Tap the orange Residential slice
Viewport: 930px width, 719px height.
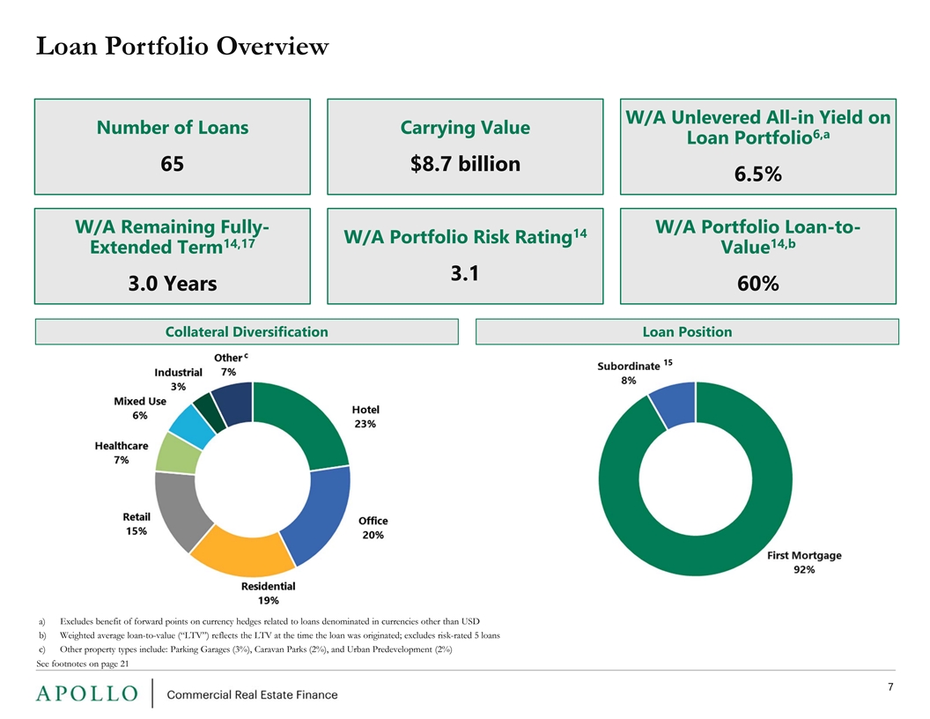pyautogui.click(x=244, y=552)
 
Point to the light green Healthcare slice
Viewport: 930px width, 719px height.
pyautogui.click(x=177, y=453)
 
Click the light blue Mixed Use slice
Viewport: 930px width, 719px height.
pyautogui.click(x=191, y=424)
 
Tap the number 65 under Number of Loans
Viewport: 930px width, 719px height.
pyautogui.click(x=172, y=164)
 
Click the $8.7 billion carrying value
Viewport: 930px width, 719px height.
pyautogui.click(x=465, y=164)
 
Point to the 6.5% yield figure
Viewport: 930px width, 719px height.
pyautogui.click(x=758, y=174)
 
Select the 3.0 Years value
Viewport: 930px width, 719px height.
pyautogui.click(x=173, y=284)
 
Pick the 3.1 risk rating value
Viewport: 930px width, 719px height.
pyautogui.click(x=464, y=273)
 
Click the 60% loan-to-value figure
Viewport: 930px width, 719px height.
pyautogui.click(x=758, y=284)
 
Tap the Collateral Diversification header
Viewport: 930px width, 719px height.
pyautogui.click(x=247, y=331)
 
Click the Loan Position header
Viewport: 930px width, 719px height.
pyautogui.click(x=688, y=331)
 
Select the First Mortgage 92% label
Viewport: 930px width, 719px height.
pyautogui.click(x=804, y=562)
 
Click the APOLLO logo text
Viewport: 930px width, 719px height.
pyautogui.click(x=87, y=693)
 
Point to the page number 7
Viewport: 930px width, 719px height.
pyautogui.click(x=890, y=687)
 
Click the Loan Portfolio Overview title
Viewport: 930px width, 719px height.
pyautogui.click(x=182, y=47)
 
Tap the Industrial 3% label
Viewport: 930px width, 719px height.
pyautogui.click(x=178, y=380)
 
